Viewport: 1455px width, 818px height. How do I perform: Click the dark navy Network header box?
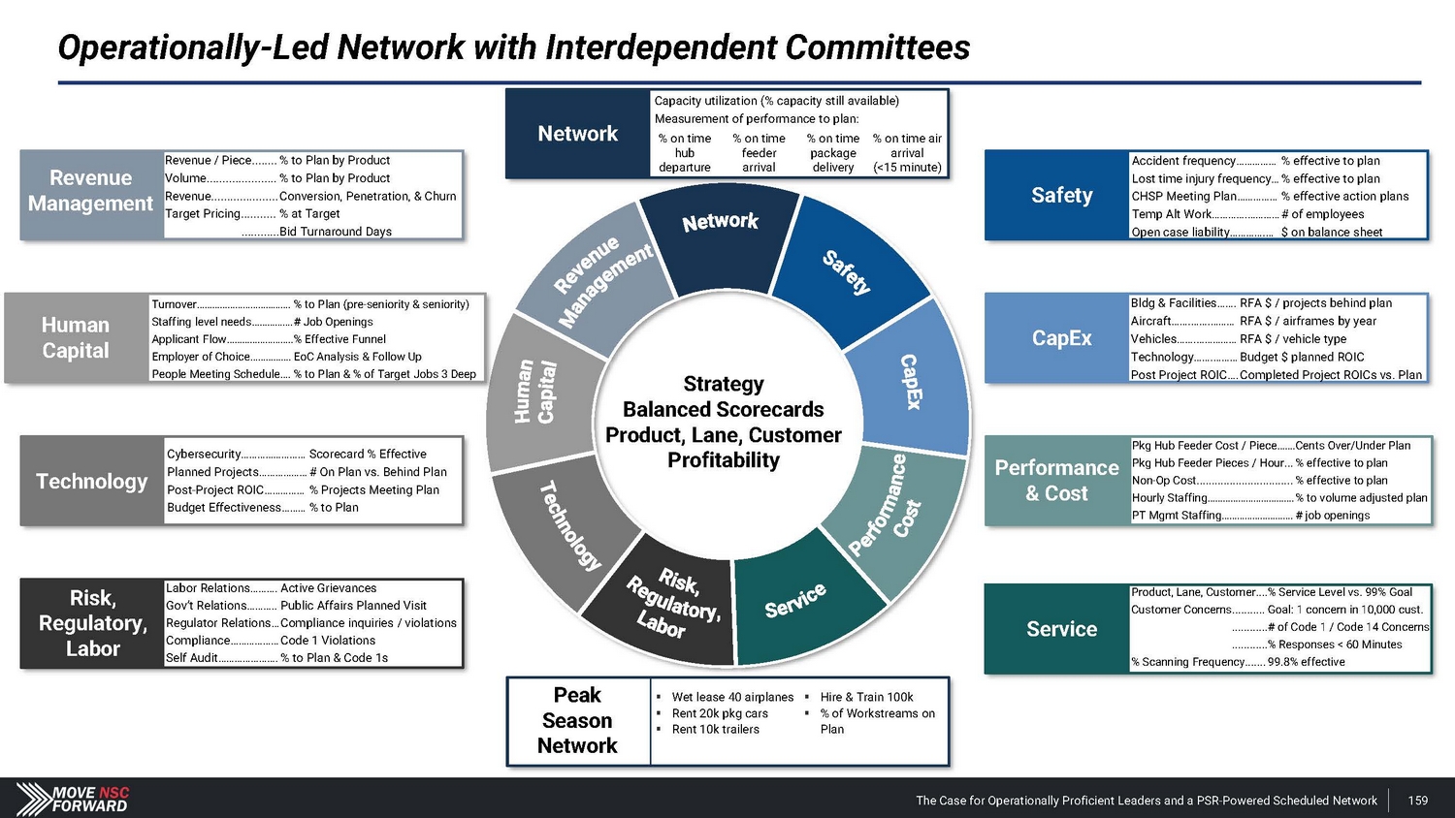[578, 134]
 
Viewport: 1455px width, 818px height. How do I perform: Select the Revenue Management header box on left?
[91, 191]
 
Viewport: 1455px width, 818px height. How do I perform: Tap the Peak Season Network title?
[577, 720]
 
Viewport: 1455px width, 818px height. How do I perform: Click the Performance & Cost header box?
[1056, 481]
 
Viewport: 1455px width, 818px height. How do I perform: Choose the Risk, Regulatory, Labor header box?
[92, 623]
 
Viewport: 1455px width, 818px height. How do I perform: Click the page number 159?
[1418, 801]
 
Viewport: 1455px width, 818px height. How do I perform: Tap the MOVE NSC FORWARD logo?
[74, 799]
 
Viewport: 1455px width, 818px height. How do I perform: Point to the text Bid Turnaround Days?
[335, 232]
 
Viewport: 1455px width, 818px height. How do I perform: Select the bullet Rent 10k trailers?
[715, 730]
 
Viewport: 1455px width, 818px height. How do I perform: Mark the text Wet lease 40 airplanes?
[732, 697]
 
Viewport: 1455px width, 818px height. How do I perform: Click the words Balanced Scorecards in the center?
[723, 409]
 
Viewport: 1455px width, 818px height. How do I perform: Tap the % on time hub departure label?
[685, 153]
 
